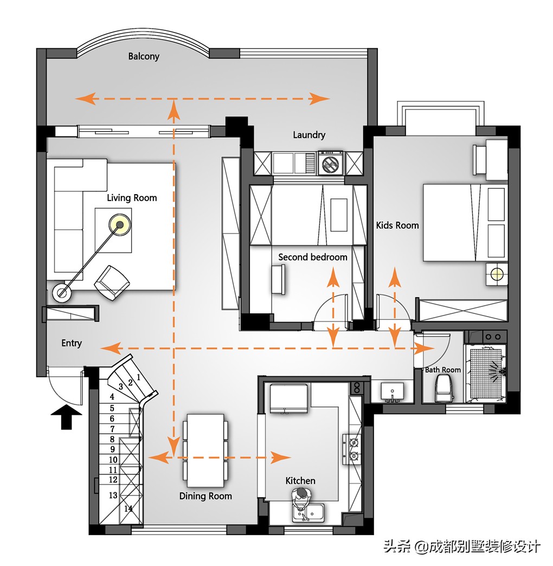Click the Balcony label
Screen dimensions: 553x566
[x=144, y=56]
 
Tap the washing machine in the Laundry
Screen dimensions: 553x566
[x=330, y=163]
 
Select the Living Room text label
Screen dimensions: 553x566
[x=132, y=198]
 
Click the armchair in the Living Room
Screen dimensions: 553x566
[x=112, y=283]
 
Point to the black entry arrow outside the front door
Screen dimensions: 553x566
[x=66, y=416]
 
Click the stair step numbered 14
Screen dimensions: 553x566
[x=128, y=509]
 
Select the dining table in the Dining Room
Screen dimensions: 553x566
[x=205, y=451]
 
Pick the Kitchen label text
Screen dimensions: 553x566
[x=300, y=481]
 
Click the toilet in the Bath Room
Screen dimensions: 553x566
[x=445, y=388]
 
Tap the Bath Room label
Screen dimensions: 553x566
[x=443, y=370]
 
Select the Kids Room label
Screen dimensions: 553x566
[x=397, y=225]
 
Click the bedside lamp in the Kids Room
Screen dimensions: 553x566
[x=497, y=275]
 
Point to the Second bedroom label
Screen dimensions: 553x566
[x=313, y=257]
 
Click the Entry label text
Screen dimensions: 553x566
[x=72, y=343]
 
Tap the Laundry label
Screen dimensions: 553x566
[x=309, y=135]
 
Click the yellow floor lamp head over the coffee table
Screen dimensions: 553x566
[x=120, y=224]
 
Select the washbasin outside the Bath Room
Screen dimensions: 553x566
[x=392, y=392]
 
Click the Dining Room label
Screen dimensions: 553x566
[x=205, y=496]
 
